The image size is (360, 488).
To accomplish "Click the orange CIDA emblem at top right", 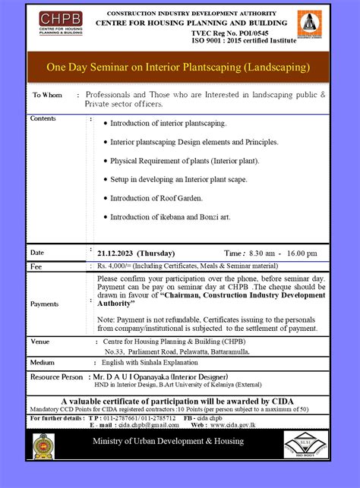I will point(308,27).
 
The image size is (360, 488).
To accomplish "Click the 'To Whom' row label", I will point(47,96).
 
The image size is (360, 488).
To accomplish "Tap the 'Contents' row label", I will point(43,119).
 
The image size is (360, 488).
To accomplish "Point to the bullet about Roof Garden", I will point(156,198).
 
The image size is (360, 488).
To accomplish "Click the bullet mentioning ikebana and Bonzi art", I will point(170,217).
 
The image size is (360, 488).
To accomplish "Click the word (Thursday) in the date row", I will point(156,253).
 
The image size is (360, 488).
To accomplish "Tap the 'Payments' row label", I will point(45,304).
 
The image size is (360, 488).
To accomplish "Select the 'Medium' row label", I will point(43,362).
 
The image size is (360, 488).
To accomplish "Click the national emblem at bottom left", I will point(43,446).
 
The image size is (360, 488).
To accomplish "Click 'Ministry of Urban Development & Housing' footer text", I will point(169,442).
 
